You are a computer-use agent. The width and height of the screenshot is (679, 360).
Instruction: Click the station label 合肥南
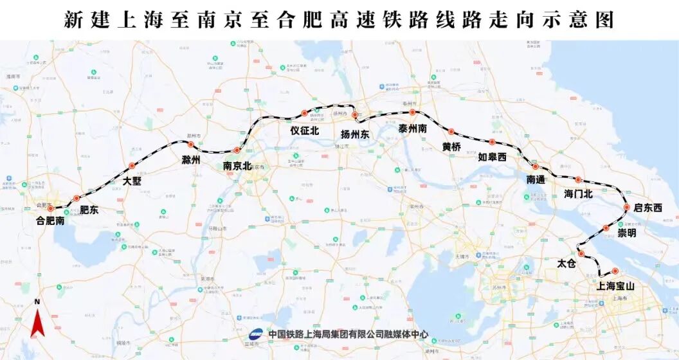click(50, 221)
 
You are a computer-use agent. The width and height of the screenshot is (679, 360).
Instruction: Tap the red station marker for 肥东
click(77, 199)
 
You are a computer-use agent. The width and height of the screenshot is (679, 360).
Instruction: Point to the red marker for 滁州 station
click(190, 145)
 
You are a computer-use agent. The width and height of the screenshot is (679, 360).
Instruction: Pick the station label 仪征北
click(305, 130)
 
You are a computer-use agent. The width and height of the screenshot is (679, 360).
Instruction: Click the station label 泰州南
click(413, 128)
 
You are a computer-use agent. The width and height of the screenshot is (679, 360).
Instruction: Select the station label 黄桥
click(451, 147)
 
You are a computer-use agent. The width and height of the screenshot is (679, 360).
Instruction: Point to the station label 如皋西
click(493, 157)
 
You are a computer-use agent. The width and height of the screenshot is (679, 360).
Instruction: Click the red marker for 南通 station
click(535, 166)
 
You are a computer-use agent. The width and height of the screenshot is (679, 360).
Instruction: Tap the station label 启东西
click(647, 208)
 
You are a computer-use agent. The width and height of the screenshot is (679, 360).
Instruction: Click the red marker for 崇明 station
click(606, 228)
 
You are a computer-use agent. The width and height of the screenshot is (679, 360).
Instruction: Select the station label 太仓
click(567, 264)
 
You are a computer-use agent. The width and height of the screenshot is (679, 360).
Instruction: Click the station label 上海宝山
click(616, 287)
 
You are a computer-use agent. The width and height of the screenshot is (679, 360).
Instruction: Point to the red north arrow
click(37, 322)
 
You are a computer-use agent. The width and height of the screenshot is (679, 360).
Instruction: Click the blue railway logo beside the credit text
click(255, 334)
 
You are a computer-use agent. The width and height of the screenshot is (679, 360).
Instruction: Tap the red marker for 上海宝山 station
click(615, 271)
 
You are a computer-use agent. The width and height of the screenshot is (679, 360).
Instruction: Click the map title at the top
click(339, 20)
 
